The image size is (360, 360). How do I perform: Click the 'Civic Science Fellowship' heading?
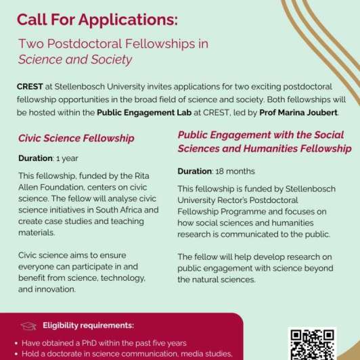[x=76, y=138]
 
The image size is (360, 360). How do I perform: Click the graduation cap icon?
[x=28, y=325]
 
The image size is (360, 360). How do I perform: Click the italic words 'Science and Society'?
[x=75, y=60]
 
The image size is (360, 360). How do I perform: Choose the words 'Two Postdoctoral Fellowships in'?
[x=114, y=44]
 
